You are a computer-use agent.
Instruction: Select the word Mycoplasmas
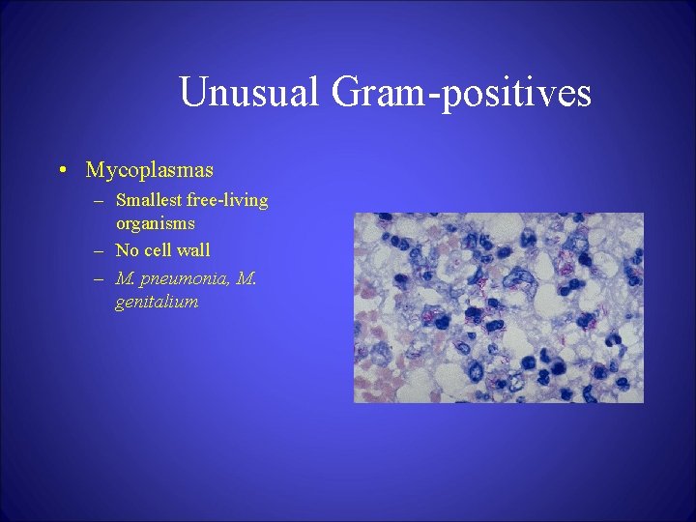pos(149,171)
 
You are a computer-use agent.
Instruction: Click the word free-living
pos(230,201)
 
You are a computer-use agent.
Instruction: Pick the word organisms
pos(156,222)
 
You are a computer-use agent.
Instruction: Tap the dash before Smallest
pos(100,201)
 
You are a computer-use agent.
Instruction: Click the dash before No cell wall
pos(100,251)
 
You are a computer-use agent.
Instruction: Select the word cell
pos(162,250)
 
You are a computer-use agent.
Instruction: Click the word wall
pos(196,250)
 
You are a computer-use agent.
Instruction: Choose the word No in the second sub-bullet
pos(127,250)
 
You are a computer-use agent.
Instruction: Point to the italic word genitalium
pos(157,302)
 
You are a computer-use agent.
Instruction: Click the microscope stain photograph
pos(498,307)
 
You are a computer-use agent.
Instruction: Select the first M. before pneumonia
pos(125,279)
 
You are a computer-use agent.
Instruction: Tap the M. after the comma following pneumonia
pos(246,279)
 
